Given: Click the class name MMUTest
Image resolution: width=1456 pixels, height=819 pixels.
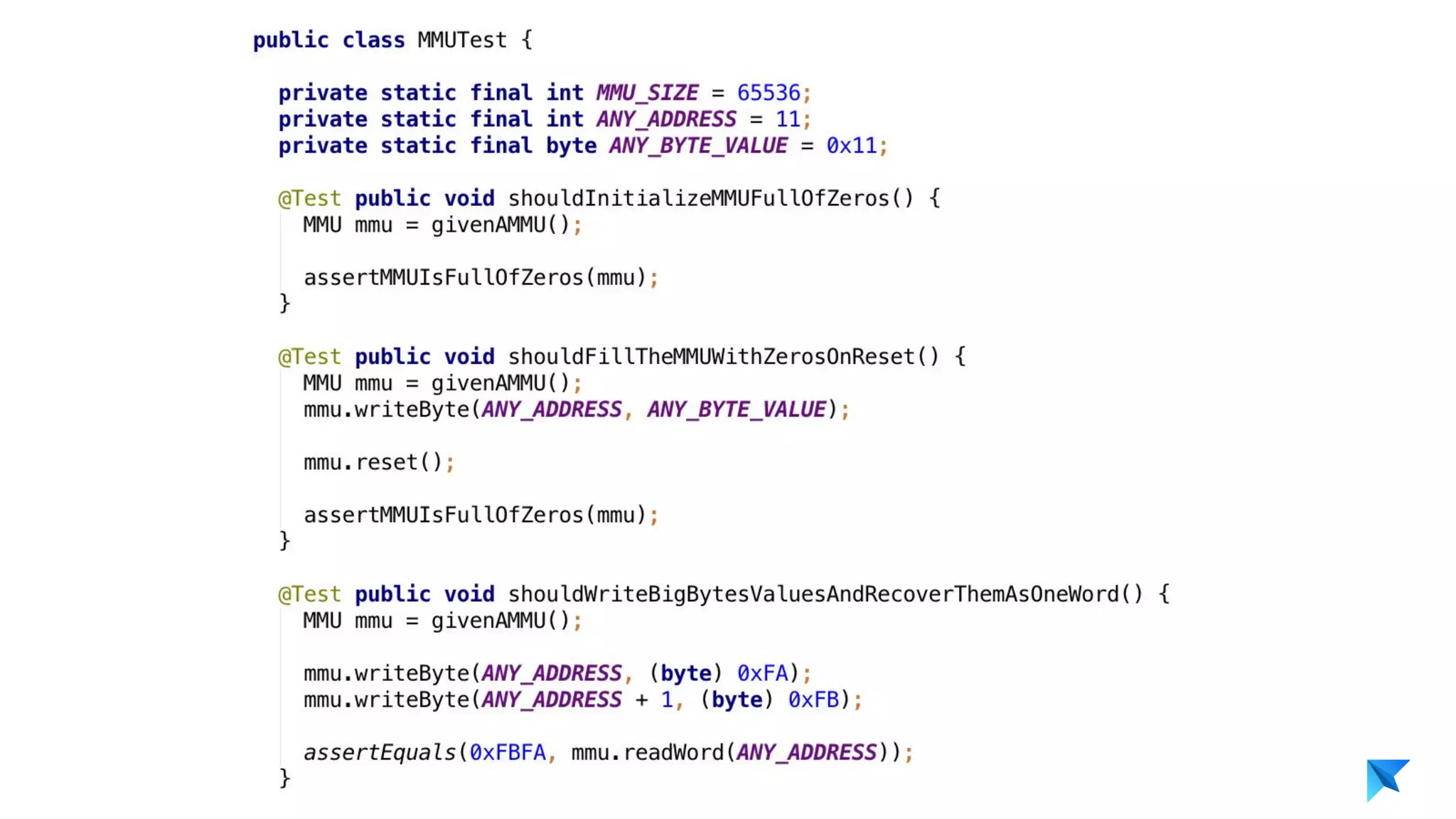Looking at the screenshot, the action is point(461,41).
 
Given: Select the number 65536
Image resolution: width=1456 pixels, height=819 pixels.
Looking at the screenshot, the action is point(768,93).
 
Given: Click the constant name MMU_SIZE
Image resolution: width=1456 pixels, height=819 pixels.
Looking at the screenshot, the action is point(647,93).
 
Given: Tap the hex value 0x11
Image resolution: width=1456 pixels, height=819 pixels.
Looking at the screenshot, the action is point(851,146).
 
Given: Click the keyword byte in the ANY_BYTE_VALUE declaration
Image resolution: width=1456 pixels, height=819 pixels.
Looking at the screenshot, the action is point(571,146).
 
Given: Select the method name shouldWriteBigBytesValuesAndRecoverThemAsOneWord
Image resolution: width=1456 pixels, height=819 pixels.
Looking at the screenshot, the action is point(813,594).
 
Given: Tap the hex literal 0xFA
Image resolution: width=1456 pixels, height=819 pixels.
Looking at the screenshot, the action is point(762,673).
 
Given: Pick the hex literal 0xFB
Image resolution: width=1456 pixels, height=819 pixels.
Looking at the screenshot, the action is point(813,700).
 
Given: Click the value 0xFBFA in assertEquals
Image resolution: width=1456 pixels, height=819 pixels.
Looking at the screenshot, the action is point(508,752).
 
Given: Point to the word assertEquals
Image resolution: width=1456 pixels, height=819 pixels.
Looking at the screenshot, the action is point(379,752).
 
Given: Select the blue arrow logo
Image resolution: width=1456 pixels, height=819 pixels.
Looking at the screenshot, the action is point(1386,779).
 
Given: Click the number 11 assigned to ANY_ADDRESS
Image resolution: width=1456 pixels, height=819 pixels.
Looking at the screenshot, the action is point(787,119).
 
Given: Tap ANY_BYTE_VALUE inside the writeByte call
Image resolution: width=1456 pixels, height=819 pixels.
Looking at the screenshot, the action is point(736,409).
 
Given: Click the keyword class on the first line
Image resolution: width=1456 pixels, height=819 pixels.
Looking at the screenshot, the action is point(373,41).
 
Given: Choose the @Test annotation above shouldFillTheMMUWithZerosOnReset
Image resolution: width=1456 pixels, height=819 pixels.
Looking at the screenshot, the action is point(309,357).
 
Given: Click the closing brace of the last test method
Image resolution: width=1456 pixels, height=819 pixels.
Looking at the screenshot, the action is point(284,778).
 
